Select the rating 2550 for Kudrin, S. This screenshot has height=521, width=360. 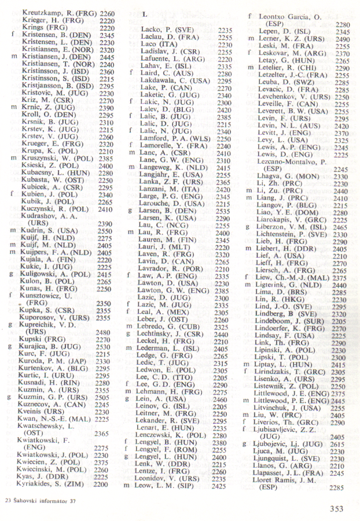(104, 230)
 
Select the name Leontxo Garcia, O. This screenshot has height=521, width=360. (289, 17)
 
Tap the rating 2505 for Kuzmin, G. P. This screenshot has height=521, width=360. (104, 397)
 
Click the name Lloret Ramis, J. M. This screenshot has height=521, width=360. (289, 479)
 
